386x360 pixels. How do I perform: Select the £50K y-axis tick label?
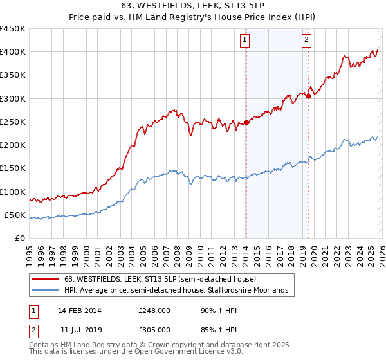click(15, 215)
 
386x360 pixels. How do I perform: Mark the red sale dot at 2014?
click(247, 122)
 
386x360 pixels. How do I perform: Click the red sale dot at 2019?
click(308, 96)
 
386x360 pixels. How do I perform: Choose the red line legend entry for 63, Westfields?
click(160, 279)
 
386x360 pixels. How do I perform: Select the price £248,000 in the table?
click(154, 310)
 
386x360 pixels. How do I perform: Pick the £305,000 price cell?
click(154, 329)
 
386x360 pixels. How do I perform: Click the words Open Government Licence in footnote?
click(177, 352)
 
